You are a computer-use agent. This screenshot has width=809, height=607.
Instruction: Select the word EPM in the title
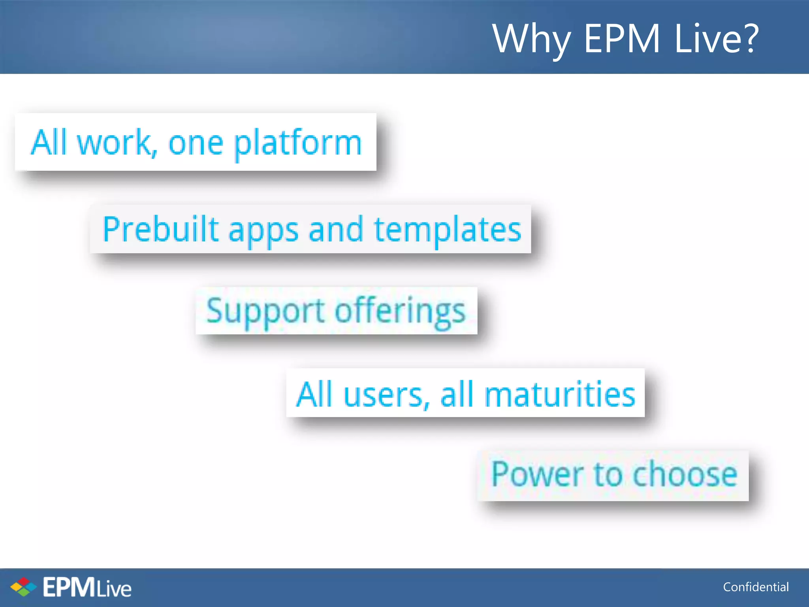tap(622, 38)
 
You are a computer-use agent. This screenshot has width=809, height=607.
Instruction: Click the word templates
tap(448, 230)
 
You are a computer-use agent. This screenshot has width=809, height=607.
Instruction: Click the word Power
tap(537, 474)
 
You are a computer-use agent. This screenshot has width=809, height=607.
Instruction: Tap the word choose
tap(685, 474)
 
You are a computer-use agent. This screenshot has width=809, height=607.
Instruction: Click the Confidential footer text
tap(756, 587)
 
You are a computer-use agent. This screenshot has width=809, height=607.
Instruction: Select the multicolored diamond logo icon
tap(23, 587)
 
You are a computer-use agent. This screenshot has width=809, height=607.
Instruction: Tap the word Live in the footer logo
tap(114, 589)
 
